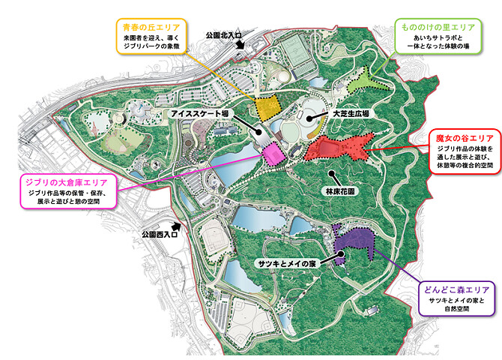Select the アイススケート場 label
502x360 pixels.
click(x=199, y=112)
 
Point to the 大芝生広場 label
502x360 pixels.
click(x=351, y=113)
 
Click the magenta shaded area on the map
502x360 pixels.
click(x=271, y=152)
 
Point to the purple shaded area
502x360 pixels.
click(x=356, y=241)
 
